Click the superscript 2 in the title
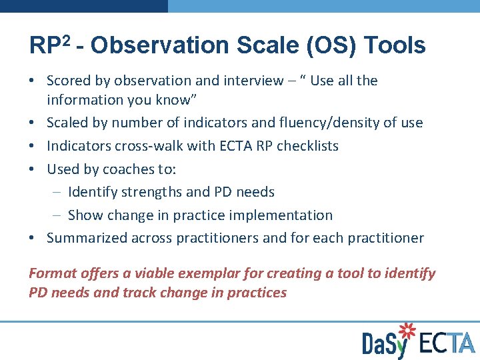[67, 40]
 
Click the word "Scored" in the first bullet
[69, 81]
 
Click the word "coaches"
[133, 169]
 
